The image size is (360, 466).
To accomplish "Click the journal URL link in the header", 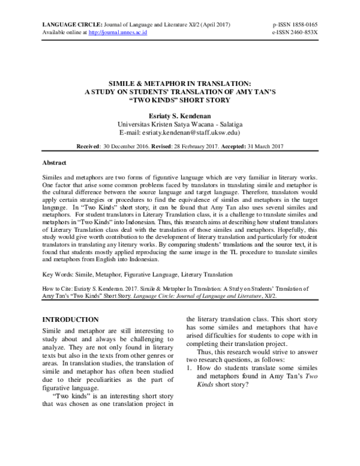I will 118,32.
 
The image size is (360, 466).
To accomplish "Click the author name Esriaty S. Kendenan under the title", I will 180,114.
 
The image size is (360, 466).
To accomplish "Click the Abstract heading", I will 54,162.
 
